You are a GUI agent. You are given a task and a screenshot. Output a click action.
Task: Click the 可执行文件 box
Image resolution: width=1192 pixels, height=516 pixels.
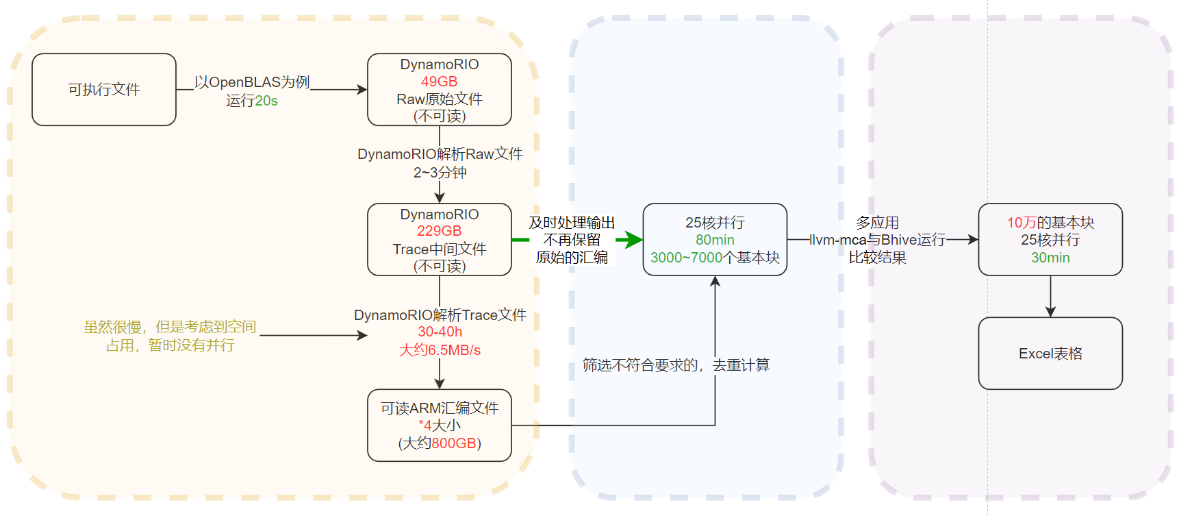point(104,90)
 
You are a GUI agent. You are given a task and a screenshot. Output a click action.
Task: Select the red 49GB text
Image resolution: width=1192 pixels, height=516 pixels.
point(439,82)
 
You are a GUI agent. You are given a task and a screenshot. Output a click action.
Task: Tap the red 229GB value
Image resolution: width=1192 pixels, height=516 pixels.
point(439,231)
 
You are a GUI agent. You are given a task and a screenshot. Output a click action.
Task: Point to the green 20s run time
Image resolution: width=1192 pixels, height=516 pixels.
point(266,101)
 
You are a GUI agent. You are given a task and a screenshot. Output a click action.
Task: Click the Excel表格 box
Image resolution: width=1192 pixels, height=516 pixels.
point(1050,354)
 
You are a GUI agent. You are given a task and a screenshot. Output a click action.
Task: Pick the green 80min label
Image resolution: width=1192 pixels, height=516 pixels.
point(715,240)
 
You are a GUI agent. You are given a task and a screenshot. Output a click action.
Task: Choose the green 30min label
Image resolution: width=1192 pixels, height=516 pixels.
point(1050,258)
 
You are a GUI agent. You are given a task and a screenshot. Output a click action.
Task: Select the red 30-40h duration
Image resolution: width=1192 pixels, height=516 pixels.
point(440,332)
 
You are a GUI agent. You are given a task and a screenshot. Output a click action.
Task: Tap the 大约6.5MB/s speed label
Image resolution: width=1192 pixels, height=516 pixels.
point(440,350)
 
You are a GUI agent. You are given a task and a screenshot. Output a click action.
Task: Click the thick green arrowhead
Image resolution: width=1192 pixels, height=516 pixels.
point(631,240)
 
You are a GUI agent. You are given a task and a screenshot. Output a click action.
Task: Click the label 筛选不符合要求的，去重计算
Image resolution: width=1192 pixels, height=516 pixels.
point(676,365)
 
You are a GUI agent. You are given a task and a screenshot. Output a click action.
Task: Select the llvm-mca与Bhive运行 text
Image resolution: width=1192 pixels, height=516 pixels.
point(878,240)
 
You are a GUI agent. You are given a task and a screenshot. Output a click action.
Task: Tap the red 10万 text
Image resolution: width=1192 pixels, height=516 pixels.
point(1021,223)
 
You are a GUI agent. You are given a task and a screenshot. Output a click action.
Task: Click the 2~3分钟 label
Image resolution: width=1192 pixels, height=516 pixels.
point(440,173)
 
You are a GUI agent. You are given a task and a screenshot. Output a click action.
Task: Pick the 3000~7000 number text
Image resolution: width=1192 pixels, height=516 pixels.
point(686,258)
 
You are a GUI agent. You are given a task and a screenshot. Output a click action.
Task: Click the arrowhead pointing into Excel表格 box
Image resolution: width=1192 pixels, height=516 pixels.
point(1050,312)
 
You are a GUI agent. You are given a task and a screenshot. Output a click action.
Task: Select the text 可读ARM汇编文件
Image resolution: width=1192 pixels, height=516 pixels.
point(440,408)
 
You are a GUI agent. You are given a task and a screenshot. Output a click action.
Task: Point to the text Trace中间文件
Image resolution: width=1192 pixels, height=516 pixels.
point(440,249)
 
